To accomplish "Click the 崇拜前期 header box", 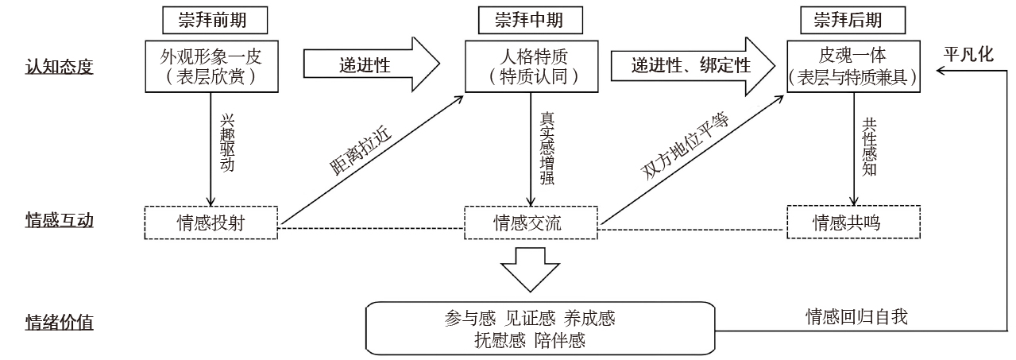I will pyautogui.click(x=210, y=19).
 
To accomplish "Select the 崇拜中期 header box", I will pyautogui.click(x=528, y=19).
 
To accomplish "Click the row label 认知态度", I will pyautogui.click(x=60, y=66).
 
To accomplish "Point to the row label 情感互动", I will pyautogui.click(x=60, y=220).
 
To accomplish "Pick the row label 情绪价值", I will pyautogui.click(x=60, y=323).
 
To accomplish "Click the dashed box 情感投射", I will pyautogui.click(x=211, y=222).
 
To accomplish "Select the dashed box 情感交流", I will pyautogui.click(x=528, y=222).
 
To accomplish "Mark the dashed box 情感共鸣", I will pyautogui.click(x=853, y=222).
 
